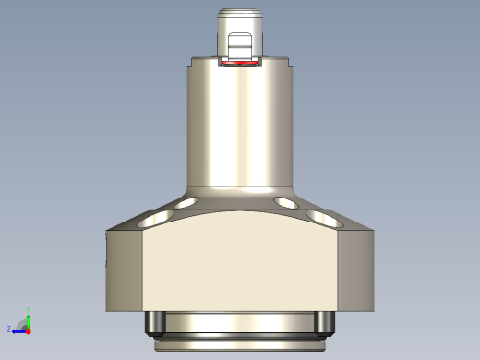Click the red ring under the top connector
tap(240, 65)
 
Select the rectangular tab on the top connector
tap(240, 46)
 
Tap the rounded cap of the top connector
tap(240, 17)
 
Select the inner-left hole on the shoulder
tap(186, 202)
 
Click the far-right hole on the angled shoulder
tap(324, 220)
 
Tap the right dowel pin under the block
tap(323, 322)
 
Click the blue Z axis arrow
tap(18, 330)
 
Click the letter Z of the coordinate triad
tap(8, 329)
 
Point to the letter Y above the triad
tap(29, 310)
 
